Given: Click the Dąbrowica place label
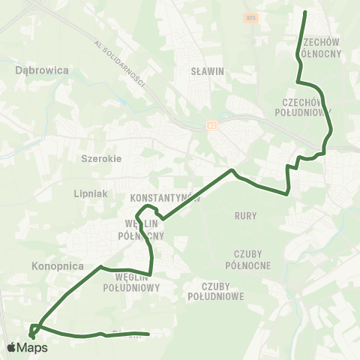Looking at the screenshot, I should click(x=42, y=70).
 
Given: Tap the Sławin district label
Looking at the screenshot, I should click(x=208, y=71).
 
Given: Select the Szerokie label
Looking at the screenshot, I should click(x=100, y=158).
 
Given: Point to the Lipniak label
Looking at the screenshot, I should click(x=91, y=193).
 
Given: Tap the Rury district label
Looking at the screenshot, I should click(x=245, y=216).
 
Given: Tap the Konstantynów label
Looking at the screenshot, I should click(x=165, y=199).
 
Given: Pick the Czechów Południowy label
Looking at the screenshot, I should click(x=307, y=106).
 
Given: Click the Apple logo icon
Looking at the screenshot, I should click(x=12, y=347).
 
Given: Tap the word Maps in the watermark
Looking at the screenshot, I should click(x=33, y=347).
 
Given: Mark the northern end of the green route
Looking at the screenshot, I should click(x=304, y=12).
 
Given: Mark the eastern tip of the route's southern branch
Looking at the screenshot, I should click(x=148, y=334).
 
